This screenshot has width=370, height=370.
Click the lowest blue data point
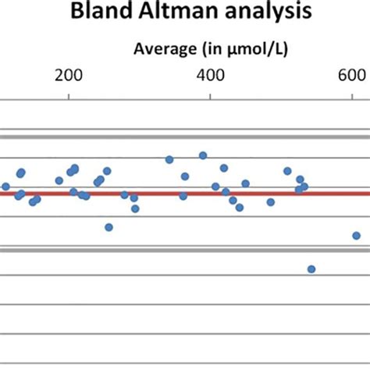point(311,269)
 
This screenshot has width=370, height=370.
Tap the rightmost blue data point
point(356,235)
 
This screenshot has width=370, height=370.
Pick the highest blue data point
point(203,155)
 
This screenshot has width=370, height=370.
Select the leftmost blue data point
point(5,187)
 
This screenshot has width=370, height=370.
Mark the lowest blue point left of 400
point(109,227)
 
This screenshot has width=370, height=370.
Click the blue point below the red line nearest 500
point(270,202)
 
